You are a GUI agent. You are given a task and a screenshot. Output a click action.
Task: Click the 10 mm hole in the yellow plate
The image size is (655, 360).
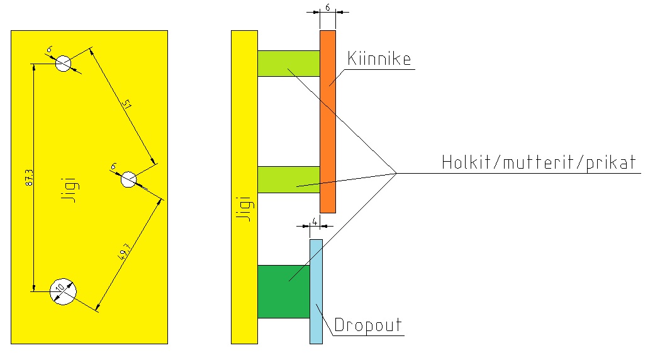64,291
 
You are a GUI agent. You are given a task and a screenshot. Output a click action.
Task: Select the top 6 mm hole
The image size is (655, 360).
64,63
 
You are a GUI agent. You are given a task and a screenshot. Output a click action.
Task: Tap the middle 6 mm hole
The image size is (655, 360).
128,179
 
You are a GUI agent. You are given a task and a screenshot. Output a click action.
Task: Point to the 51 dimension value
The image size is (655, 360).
126,104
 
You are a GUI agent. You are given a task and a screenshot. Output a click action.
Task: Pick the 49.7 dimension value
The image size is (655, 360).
125,253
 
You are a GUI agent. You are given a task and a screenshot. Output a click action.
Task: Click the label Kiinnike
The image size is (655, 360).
379,59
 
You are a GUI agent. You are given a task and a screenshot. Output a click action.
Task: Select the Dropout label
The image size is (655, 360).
368,326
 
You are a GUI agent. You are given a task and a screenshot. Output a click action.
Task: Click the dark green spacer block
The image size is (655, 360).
283,291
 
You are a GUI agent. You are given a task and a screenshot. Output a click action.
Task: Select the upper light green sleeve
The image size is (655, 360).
288,64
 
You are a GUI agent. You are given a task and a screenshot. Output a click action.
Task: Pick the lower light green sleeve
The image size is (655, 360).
288,179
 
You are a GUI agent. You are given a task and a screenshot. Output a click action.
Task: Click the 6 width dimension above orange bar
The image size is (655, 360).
328,8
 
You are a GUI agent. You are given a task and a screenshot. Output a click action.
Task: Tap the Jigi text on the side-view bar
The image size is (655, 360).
245,208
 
